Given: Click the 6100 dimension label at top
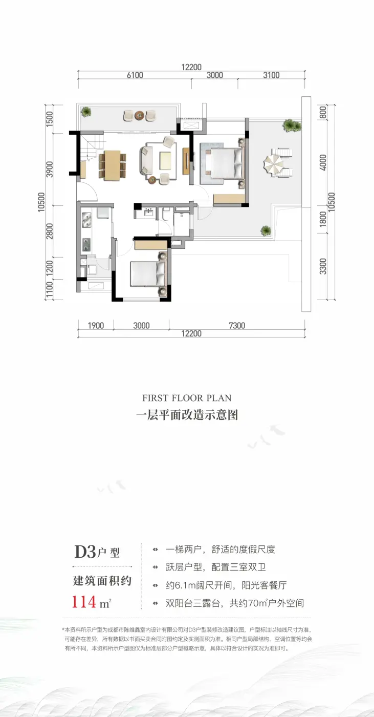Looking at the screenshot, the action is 135,75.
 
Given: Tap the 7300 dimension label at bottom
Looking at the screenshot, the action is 237,326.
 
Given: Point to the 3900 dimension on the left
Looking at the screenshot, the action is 50,169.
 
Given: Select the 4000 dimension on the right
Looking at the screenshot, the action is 323,163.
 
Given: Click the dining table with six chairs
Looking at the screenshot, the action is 112,165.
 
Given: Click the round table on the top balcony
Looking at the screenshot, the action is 139,115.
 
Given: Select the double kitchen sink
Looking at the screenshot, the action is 86,220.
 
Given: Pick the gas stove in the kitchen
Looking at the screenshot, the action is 86,245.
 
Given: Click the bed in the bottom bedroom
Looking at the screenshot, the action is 149,273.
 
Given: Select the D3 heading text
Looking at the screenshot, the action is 85,552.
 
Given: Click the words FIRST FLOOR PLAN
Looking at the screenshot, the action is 187,398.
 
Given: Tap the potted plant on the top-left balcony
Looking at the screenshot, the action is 86,112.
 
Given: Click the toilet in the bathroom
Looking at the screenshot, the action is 166,214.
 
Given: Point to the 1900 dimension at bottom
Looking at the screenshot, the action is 96,326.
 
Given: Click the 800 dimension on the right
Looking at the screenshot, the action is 323,113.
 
